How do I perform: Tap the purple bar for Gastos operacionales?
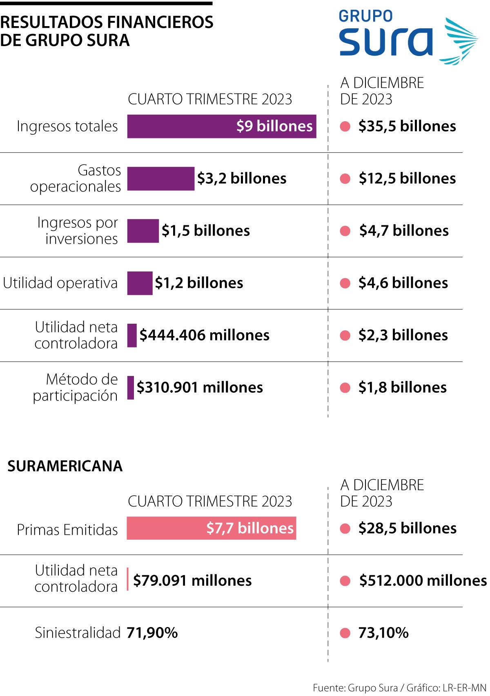[160, 178]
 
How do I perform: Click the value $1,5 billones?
[205, 231]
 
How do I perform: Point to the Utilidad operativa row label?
[60, 283]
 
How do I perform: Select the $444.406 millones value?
[204, 335]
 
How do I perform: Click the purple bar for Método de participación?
[131, 387]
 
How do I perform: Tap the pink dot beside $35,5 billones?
[345, 126]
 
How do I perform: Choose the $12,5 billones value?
[407, 178]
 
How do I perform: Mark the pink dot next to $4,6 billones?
[345, 283]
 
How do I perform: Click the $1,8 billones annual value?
[402, 387]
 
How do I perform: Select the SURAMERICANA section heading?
[65, 466]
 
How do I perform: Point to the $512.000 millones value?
[422, 580]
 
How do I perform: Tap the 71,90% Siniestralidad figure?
[152, 633]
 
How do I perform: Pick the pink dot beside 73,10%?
[345, 633]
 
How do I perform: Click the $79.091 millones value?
[192, 580]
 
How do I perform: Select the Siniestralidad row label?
[78, 633]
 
